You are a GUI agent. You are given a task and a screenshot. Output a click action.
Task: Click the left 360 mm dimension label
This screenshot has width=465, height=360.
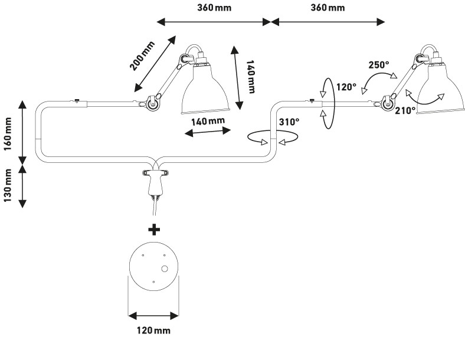(x=214, y=8)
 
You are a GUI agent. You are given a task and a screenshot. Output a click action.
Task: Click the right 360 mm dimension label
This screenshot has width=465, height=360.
(x=328, y=8)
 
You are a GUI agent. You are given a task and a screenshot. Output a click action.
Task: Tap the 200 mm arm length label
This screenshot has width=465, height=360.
(x=143, y=55)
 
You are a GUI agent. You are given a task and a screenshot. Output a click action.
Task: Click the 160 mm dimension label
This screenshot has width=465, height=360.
(x=8, y=134)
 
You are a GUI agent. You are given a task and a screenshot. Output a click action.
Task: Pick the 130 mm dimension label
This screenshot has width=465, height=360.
(x=8, y=185)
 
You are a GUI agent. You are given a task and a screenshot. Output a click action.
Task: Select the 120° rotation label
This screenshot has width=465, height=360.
(x=346, y=87)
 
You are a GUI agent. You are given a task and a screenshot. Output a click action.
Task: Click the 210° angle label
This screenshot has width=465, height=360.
(x=406, y=110)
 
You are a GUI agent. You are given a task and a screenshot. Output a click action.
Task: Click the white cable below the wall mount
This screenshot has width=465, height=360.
(x=155, y=206)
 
